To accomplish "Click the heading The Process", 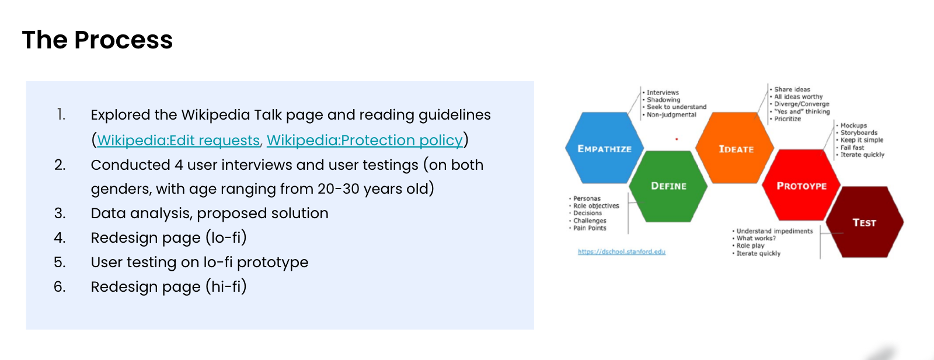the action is [x=97, y=40].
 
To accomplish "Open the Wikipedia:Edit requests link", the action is [x=179, y=141].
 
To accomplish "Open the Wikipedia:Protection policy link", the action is [x=364, y=141].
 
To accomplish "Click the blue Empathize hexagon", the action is [x=605, y=148].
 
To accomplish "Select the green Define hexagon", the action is [x=668, y=186].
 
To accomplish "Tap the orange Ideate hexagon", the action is [x=735, y=148].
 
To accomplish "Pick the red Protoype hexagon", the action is [x=801, y=186].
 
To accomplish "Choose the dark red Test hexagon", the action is [x=865, y=222].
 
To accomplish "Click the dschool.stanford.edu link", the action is [x=622, y=251].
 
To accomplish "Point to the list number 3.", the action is [x=60, y=214].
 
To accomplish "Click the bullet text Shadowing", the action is [x=663, y=100].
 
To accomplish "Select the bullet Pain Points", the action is [x=590, y=228].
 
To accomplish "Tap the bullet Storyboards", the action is [x=859, y=132].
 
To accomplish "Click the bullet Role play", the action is [x=751, y=246].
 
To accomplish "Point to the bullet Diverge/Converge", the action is [x=802, y=104].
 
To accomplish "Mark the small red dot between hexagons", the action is [x=677, y=139].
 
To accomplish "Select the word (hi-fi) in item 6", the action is [x=226, y=286].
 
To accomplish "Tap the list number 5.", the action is [x=60, y=263].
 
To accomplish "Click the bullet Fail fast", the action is [x=852, y=148].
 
